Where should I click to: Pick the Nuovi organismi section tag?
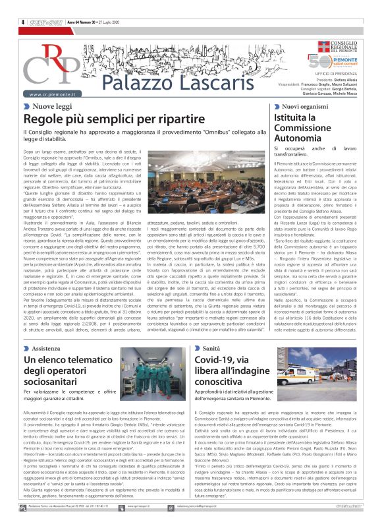[x=308, y=106]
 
